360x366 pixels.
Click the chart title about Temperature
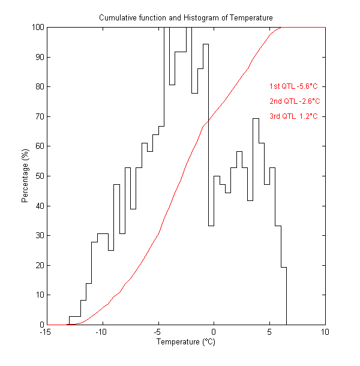click(x=185, y=18)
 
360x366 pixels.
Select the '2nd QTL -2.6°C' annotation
click(x=294, y=101)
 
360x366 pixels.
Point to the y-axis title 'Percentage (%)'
click(x=25, y=176)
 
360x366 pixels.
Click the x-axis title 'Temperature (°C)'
click(x=185, y=342)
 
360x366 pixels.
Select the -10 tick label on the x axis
click(x=102, y=332)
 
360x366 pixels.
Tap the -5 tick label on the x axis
click(x=158, y=332)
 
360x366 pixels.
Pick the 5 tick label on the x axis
click(x=269, y=332)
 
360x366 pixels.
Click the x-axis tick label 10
click(x=325, y=332)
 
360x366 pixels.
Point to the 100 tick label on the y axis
click(x=37, y=28)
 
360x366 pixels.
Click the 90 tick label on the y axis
click(x=38, y=58)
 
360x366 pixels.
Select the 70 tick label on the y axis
click(x=38, y=116)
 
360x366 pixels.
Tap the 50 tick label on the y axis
click(x=38, y=176)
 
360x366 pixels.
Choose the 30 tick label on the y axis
click(x=38, y=236)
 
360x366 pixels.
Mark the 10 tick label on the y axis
click(x=38, y=295)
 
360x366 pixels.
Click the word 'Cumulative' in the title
click(x=116, y=18)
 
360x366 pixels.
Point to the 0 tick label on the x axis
click(x=214, y=332)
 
